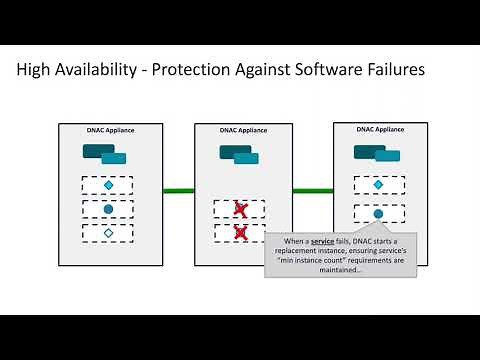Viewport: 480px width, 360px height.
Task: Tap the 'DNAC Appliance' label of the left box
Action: [107, 129]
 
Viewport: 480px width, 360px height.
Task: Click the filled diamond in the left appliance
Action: [108, 186]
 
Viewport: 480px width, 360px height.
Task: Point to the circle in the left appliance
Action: [108, 210]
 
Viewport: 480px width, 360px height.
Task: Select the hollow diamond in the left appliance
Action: [108, 233]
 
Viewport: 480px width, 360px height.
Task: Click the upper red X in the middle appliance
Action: [240, 209]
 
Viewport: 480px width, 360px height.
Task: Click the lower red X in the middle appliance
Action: [240, 232]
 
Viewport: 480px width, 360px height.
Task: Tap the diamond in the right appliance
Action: [377, 185]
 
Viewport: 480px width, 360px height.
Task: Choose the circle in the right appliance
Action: [377, 213]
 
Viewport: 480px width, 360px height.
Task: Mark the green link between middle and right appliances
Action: [313, 190]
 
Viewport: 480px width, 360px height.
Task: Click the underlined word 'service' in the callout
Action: [323, 242]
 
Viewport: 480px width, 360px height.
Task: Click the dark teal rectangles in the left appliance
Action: [104, 153]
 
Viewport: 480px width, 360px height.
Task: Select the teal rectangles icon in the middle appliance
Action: [240, 153]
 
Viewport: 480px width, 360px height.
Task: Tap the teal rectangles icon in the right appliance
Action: [375, 152]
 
